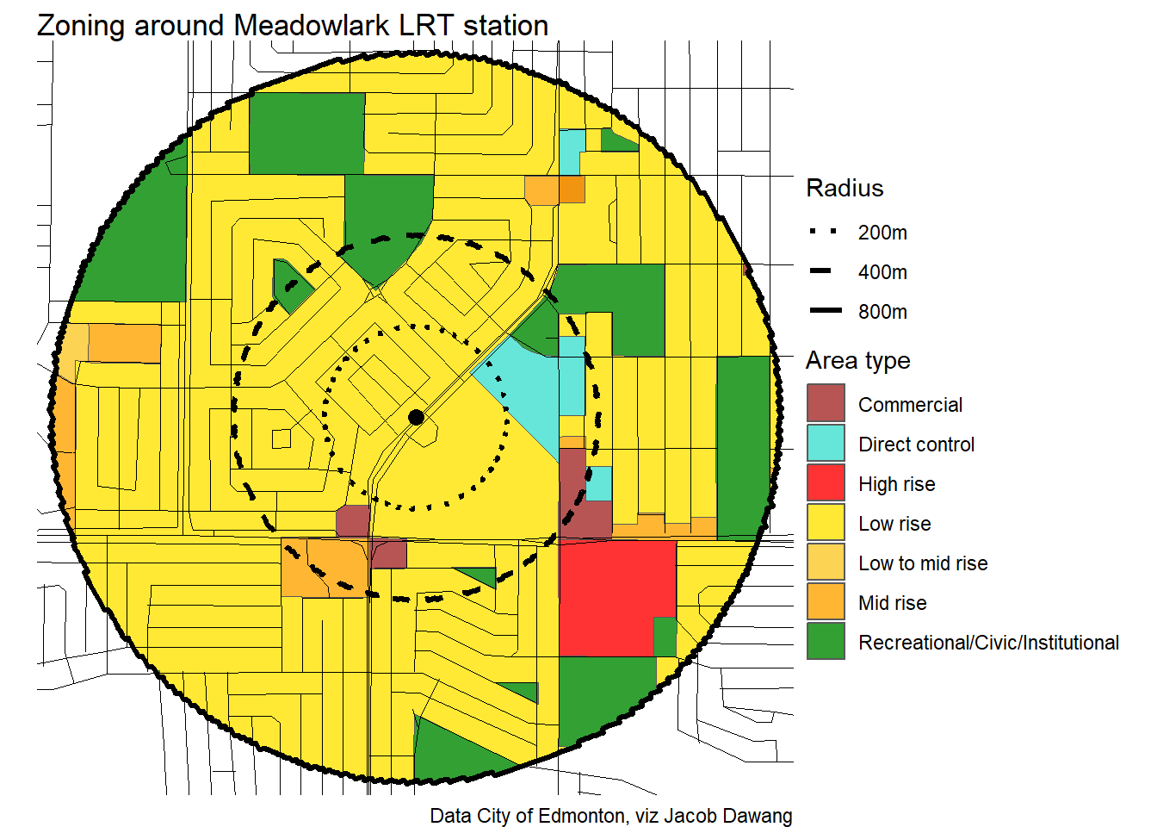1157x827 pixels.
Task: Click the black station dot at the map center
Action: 417,418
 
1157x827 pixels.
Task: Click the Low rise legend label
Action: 894,524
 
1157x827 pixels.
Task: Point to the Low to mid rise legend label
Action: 923,563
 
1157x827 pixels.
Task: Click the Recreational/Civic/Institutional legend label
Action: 988,643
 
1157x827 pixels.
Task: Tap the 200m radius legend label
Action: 882,233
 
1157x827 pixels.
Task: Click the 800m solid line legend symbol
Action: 825,311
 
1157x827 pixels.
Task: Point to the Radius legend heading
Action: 845,189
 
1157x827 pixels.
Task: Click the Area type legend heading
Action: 857,361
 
